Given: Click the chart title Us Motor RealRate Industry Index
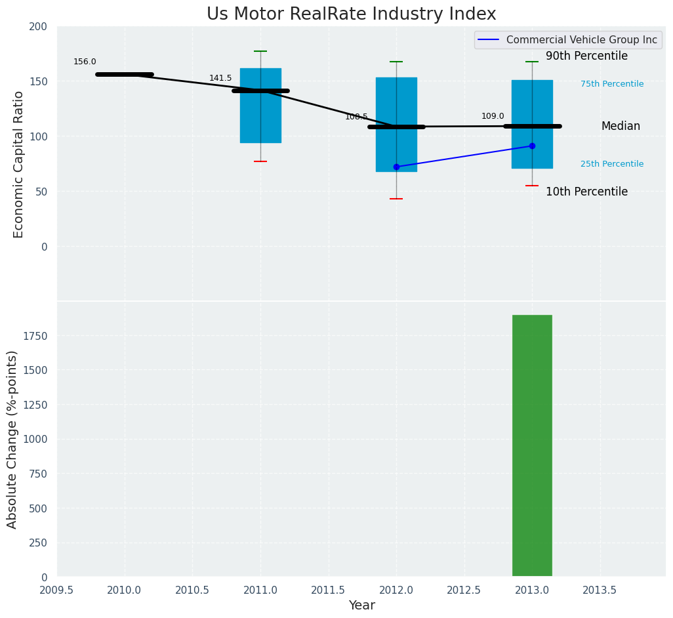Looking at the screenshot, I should click(x=351, y=14).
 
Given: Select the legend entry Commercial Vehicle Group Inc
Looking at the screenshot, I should click(x=581, y=40).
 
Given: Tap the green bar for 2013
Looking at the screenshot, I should click(x=532, y=445).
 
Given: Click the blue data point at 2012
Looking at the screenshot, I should click(x=396, y=167).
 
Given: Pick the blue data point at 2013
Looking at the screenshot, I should click(x=532, y=146).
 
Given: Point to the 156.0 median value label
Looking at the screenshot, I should click(x=85, y=62).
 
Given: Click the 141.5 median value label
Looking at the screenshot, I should click(x=220, y=78).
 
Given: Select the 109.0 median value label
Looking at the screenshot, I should click(x=493, y=116).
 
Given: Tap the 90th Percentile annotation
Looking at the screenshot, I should click(x=586, y=56).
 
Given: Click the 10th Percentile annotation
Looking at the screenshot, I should click(x=586, y=192).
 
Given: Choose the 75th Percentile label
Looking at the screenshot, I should click(x=612, y=84).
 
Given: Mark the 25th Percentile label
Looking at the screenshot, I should click(x=612, y=164).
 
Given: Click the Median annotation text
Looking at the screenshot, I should click(x=621, y=127).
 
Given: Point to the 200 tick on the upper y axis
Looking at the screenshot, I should click(x=39, y=26).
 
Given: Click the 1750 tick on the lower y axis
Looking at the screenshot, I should click(x=35, y=336).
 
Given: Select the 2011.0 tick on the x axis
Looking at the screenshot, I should click(x=260, y=590).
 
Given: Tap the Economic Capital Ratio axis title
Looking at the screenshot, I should click(x=19, y=164).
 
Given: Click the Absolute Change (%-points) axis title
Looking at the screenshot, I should click(x=12, y=439).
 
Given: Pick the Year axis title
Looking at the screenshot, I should click(x=361, y=606).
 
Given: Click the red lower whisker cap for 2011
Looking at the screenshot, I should click(x=260, y=161).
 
